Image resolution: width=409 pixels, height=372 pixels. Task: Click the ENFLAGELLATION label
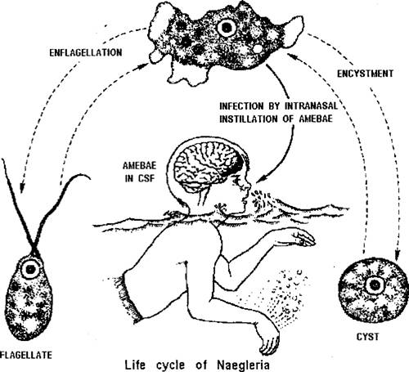[x=86, y=52]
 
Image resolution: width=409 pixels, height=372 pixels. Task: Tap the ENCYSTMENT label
[x=365, y=74]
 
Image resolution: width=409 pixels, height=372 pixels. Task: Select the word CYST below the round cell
[x=367, y=337]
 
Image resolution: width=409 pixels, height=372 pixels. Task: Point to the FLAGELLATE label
[x=26, y=355]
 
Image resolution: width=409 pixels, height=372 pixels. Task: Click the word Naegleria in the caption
[x=243, y=365]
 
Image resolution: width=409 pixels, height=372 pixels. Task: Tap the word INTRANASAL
[x=311, y=106]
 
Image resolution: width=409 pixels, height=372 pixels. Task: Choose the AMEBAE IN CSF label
[x=139, y=172]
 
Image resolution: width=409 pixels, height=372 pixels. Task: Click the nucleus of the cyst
[x=372, y=285]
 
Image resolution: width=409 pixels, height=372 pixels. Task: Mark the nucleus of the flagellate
[x=30, y=269]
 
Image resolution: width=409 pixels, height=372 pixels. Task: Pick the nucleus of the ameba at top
[x=227, y=27]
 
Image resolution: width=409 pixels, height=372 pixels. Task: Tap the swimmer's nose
[x=249, y=187]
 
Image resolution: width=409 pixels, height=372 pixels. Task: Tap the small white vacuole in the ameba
[x=258, y=48]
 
